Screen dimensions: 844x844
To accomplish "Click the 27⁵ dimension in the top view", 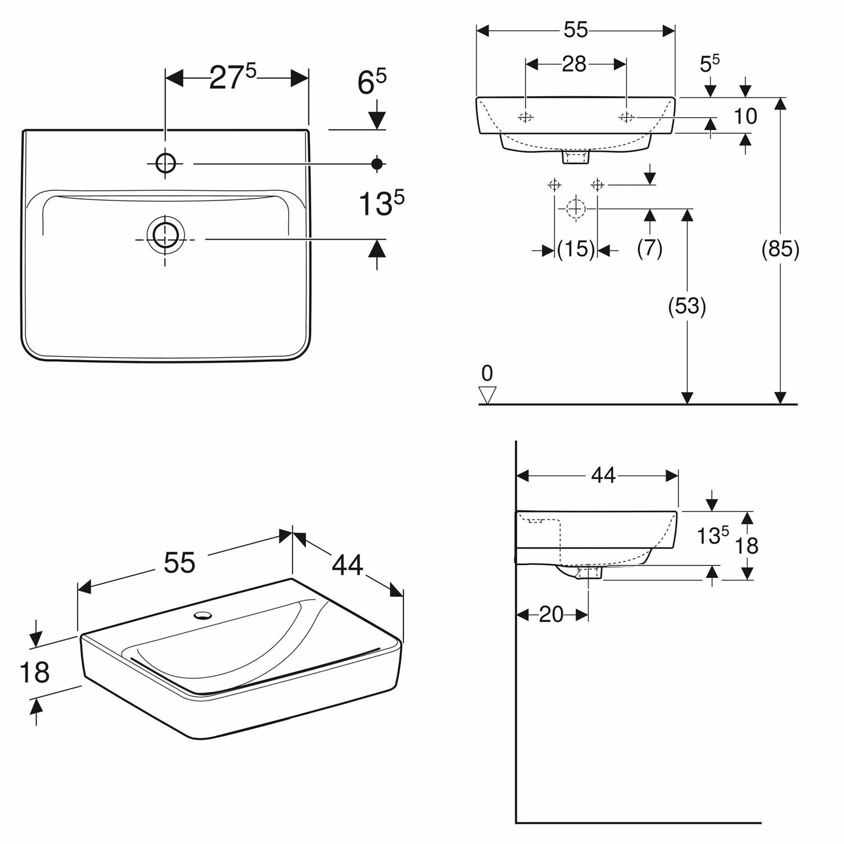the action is pos(232,77).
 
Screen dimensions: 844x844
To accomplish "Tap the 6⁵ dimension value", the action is pos(372,82).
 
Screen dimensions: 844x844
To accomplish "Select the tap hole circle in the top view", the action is pos(165,164).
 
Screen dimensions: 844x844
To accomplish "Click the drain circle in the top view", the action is pos(165,239).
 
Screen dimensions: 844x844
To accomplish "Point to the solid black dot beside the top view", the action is pos(377,164).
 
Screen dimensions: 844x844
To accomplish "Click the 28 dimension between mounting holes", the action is pos(574,64).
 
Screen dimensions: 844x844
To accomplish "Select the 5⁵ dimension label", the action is pos(710,63).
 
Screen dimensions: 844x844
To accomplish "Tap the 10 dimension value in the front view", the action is pos(746,116).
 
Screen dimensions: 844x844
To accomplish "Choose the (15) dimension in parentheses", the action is pos(576,249).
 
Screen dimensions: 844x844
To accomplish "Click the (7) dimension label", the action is pos(650,248).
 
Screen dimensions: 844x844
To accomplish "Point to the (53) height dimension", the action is pos(687,306).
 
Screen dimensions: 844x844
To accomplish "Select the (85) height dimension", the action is pos(780,249).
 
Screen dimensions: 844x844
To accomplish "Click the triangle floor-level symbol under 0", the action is pos(487,395).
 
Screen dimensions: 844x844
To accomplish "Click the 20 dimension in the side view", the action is pos(551,614).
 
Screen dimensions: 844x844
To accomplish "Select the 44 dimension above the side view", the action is pos(603,476).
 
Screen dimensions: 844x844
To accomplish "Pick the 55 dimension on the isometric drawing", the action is pos(179,562).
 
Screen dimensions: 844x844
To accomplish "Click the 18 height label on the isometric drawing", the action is pos(34,672).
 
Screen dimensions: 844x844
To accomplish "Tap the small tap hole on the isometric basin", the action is pos(203,614).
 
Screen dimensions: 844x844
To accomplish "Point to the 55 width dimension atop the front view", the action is pos(576,30).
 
